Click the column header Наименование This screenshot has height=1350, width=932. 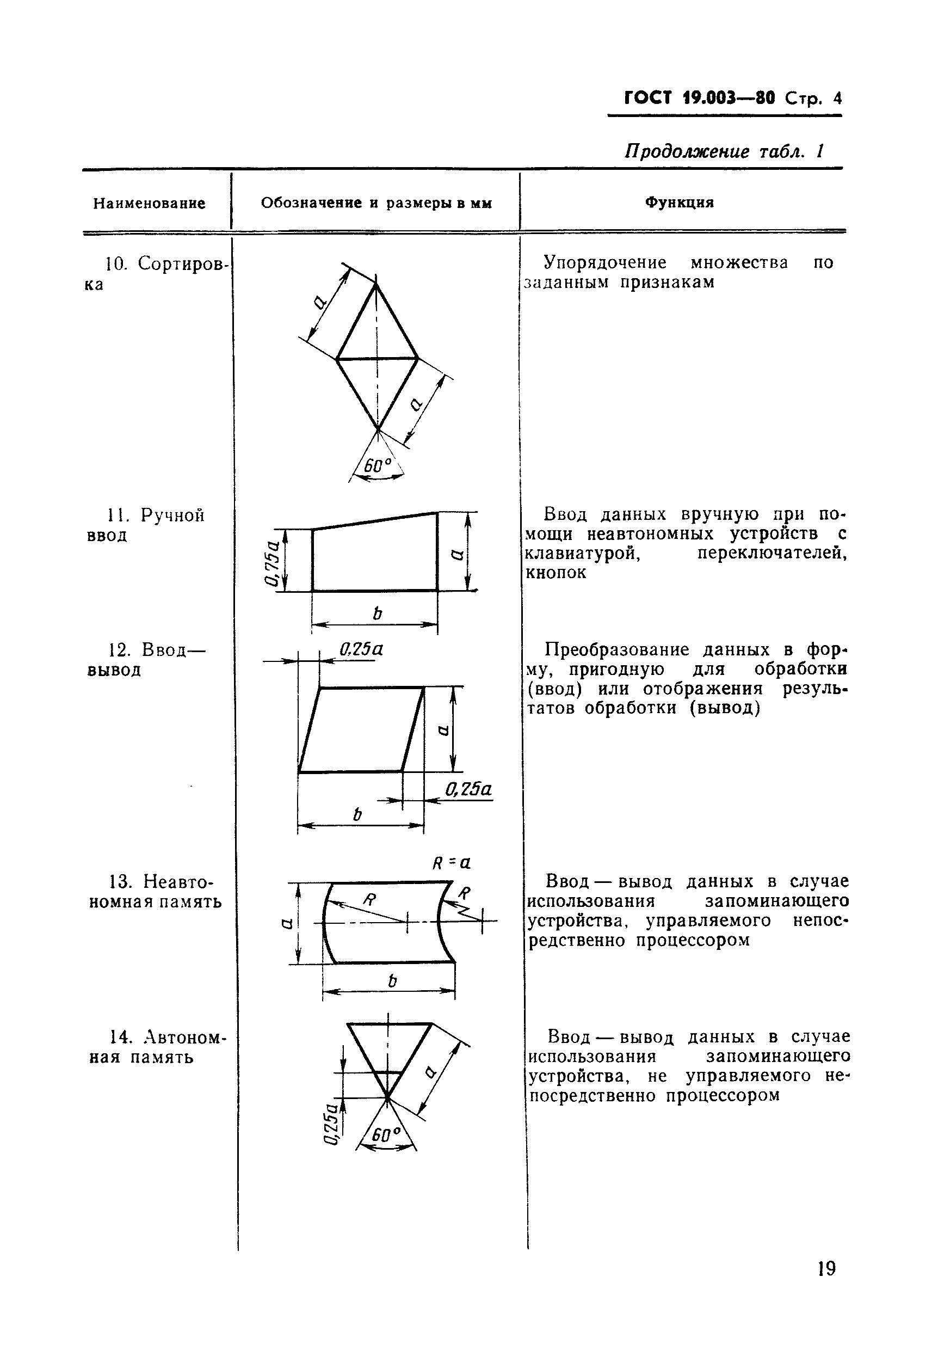pos(149,203)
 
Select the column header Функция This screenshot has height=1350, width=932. pos(679,202)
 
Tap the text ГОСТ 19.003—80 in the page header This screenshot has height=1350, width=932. pos(700,97)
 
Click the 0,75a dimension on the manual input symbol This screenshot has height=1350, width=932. pos(271,561)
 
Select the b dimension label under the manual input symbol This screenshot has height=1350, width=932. pos(376,613)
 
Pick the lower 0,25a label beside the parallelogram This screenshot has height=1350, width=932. pos(468,789)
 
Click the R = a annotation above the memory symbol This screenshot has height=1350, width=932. pos(452,863)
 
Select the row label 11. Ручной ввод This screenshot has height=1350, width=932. pos(146,525)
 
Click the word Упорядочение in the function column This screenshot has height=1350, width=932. pos(604,262)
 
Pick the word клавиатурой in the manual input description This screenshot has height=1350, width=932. pos(583,553)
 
